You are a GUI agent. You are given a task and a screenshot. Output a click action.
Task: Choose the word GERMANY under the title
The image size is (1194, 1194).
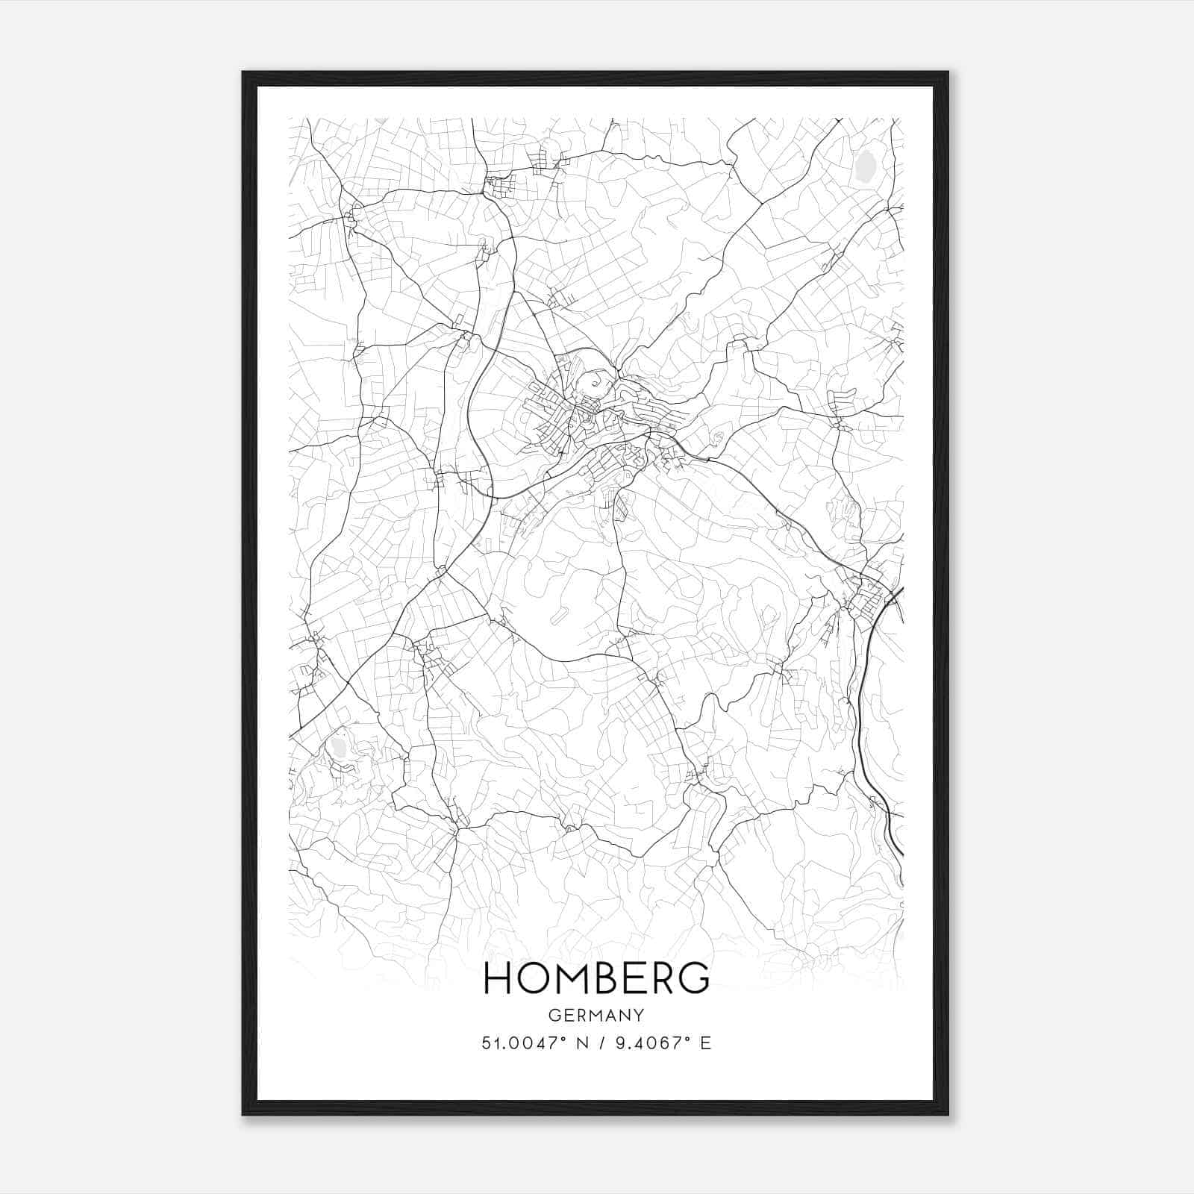596,1015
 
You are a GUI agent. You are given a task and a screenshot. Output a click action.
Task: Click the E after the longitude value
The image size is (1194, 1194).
705,1043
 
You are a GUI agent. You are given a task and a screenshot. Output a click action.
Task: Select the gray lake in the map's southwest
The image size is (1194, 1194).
340,747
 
